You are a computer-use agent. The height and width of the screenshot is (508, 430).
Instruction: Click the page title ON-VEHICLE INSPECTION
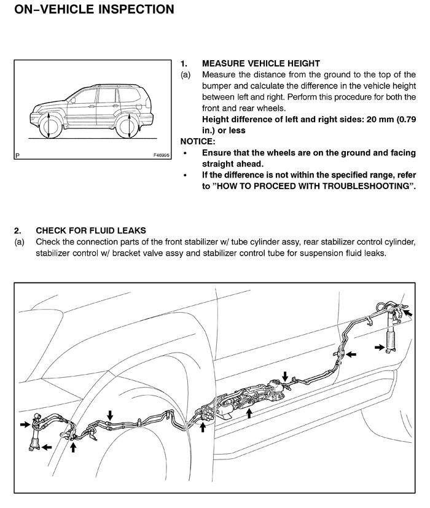[95, 9]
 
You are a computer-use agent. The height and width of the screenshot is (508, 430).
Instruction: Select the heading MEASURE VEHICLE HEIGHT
[261, 63]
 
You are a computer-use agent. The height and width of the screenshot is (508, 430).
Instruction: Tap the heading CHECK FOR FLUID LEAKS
[91, 230]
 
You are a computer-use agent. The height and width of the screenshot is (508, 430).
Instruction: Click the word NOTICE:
[198, 141]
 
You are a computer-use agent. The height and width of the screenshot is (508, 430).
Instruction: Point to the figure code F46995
[162, 155]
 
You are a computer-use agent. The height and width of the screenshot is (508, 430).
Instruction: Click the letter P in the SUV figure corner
[17, 155]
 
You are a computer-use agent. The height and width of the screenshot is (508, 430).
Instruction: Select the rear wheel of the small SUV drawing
[128, 127]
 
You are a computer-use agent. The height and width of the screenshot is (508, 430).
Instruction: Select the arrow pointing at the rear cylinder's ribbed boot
[380, 347]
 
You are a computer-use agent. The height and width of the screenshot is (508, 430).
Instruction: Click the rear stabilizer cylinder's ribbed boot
[391, 340]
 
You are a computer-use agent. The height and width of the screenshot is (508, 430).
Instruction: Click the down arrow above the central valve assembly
[285, 377]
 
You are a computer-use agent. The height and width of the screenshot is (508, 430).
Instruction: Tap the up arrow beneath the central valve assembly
[249, 413]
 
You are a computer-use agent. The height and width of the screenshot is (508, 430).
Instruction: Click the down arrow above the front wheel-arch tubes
[110, 415]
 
